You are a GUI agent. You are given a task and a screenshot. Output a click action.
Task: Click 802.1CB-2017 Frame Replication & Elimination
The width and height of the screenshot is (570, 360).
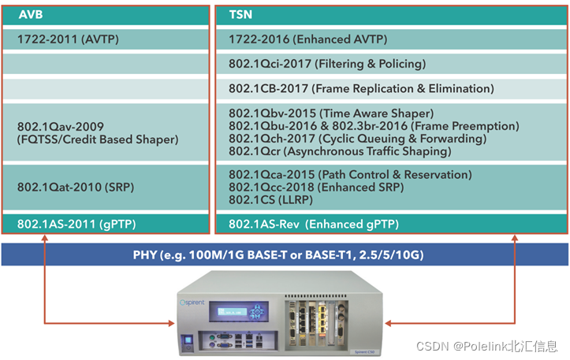click(x=361, y=89)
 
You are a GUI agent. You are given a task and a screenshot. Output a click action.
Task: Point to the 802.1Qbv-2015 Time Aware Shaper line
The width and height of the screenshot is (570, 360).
click(x=331, y=113)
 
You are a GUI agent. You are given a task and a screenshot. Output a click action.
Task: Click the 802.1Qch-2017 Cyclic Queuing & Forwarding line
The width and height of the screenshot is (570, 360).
click(x=357, y=139)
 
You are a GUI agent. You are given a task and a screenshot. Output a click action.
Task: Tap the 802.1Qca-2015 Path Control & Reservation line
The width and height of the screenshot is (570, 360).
click(x=350, y=174)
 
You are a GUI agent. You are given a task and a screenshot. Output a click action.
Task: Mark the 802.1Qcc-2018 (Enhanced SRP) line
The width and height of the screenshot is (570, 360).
click(x=315, y=187)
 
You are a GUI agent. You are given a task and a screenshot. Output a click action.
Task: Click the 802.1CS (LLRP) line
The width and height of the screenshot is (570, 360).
click(x=268, y=199)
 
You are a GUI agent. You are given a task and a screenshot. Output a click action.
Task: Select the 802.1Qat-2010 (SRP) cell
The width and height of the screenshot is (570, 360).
click(x=70, y=187)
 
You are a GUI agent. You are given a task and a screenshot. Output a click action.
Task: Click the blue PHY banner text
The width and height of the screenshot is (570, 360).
click(x=285, y=254)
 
